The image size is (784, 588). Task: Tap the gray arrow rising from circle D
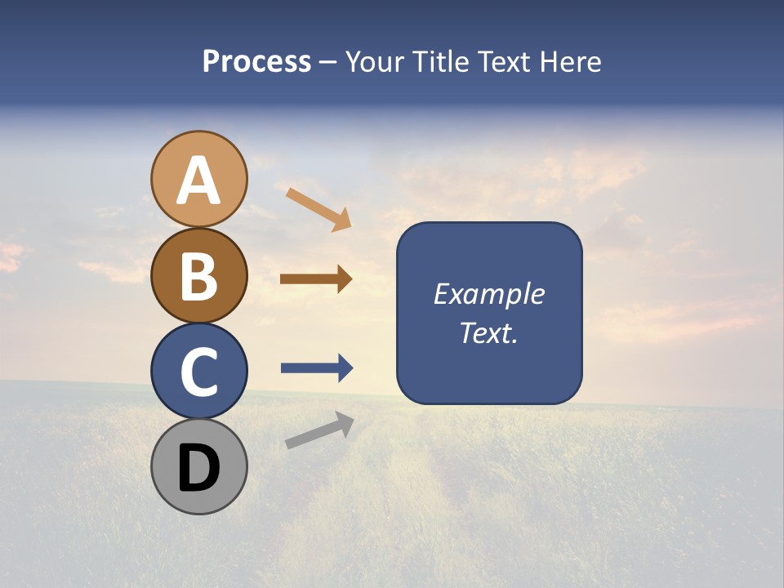tap(319, 430)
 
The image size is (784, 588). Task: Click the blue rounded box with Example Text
tap(489, 314)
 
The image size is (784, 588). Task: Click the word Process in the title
tap(256, 62)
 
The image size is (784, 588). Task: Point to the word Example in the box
tap(489, 295)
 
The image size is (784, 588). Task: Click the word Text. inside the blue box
tap(489, 333)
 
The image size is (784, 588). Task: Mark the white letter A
tap(198, 180)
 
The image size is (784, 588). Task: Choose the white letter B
tap(198, 276)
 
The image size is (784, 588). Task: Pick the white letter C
tap(198, 372)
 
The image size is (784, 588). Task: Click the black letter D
tap(198, 468)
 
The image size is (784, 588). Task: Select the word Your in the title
tap(372, 62)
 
